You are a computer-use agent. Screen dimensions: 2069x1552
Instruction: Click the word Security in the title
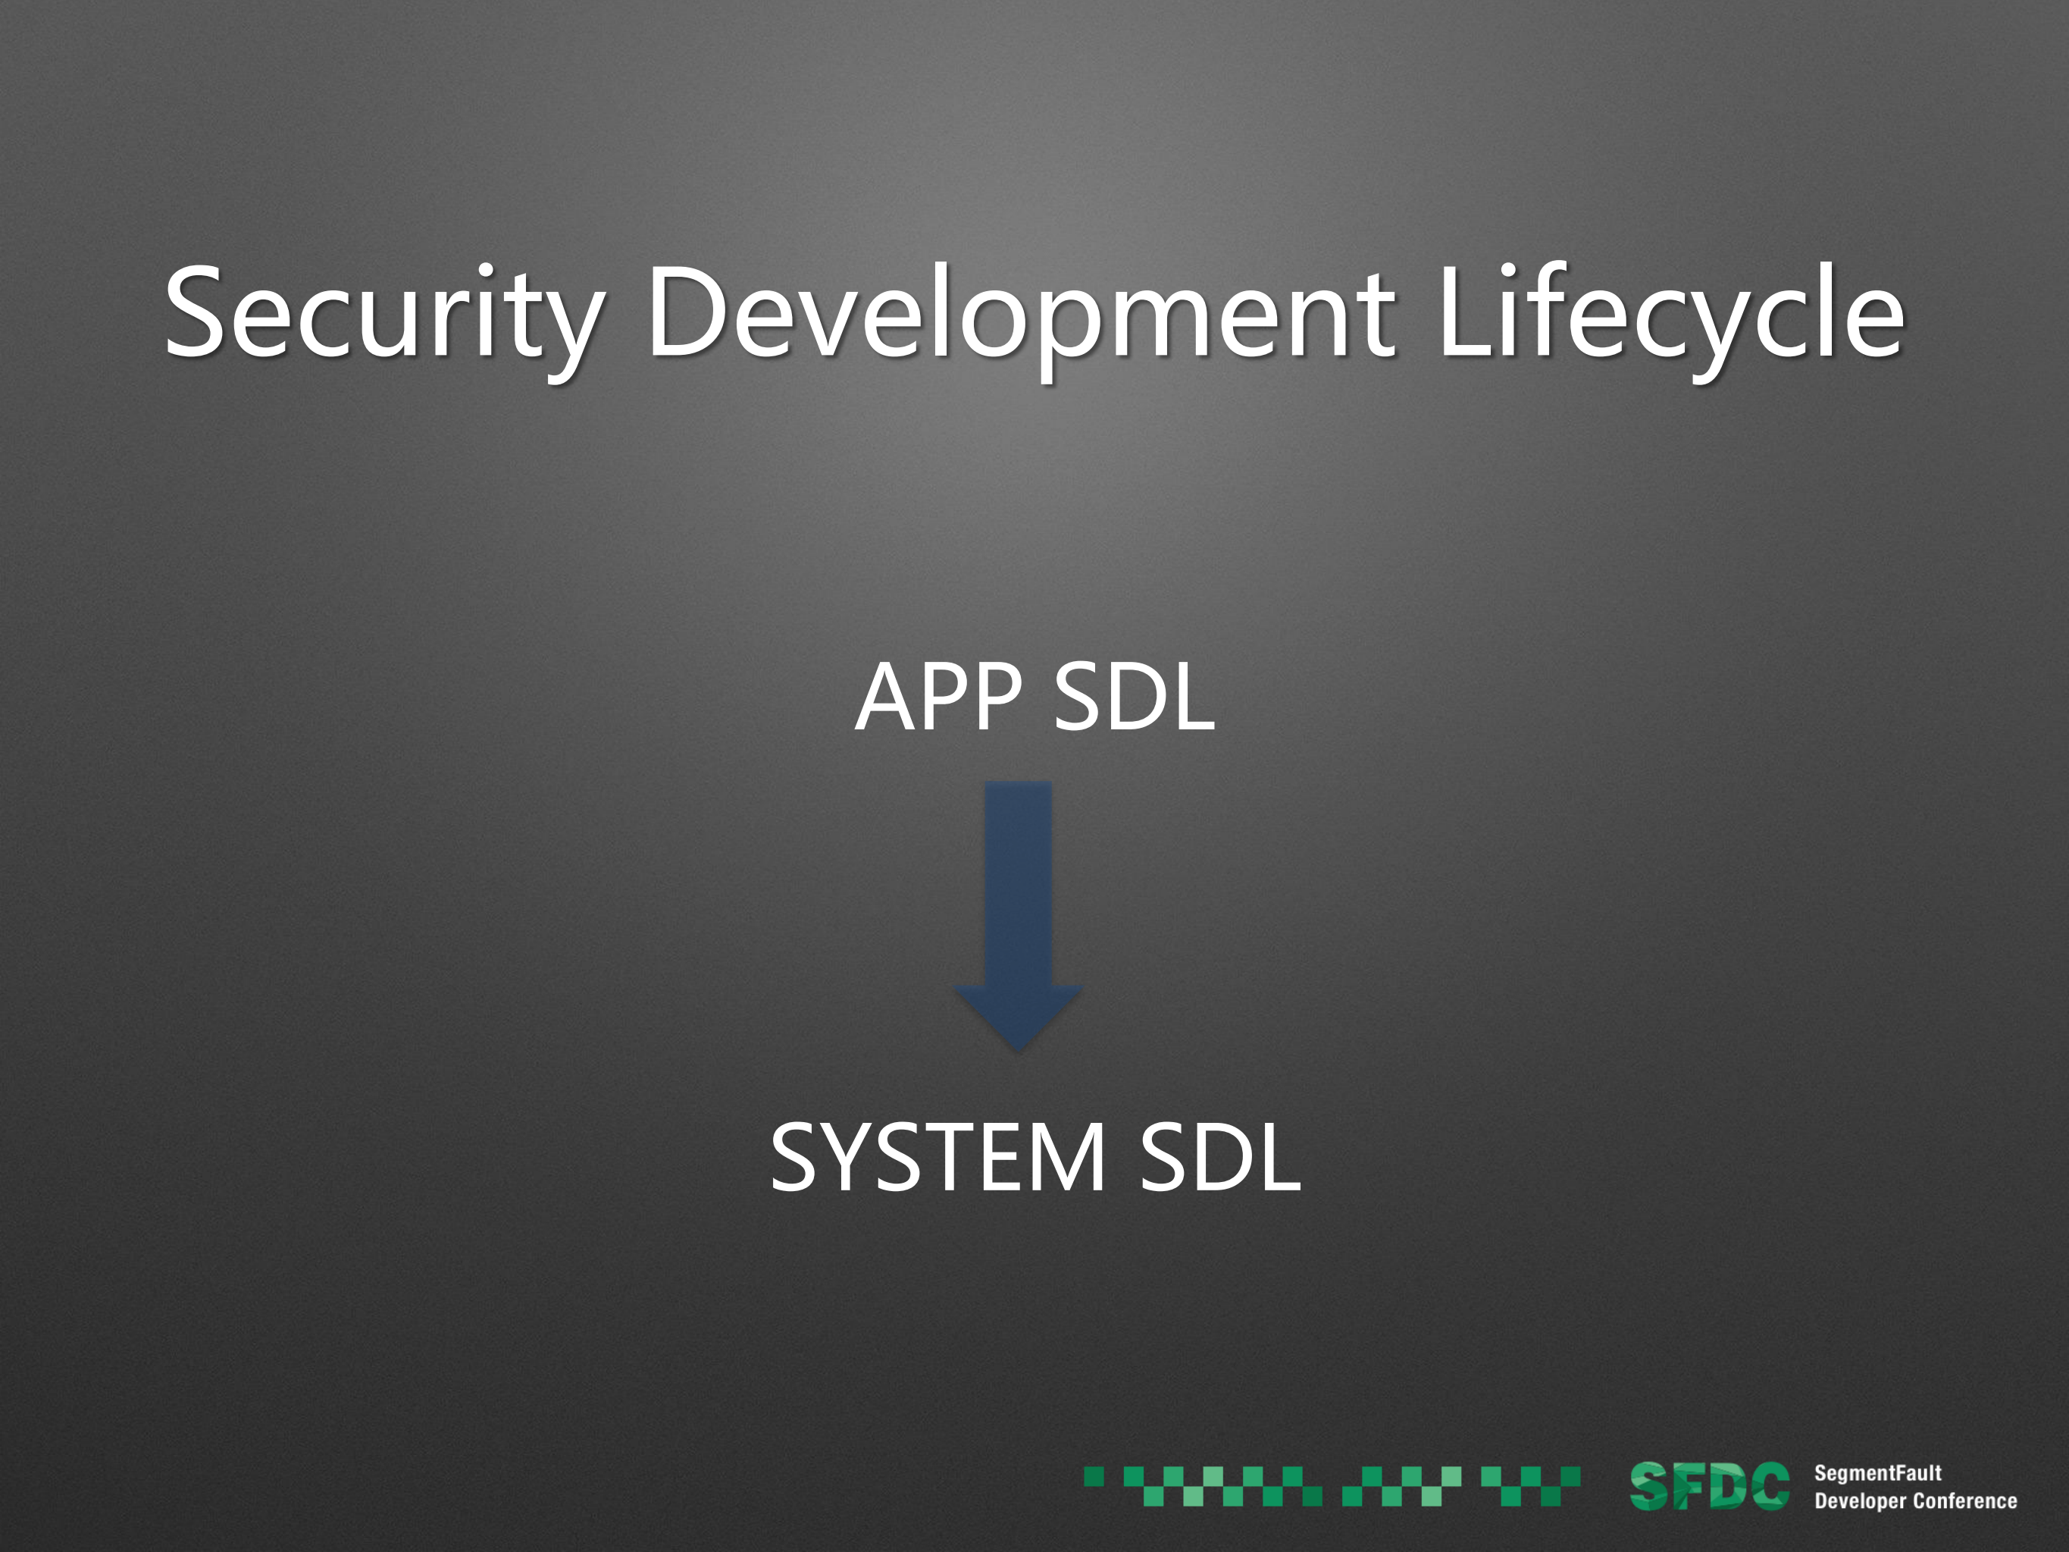[384, 319]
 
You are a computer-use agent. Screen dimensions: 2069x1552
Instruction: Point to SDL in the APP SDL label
[1134, 696]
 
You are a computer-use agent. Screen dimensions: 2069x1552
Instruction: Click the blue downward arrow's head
[1018, 1017]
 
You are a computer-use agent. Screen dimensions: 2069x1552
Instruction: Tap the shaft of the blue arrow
[1018, 884]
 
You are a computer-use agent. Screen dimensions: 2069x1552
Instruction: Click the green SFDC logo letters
[1709, 1487]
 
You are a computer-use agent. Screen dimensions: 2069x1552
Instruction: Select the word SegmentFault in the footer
[1877, 1473]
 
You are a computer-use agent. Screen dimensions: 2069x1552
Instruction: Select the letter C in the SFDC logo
[1770, 1487]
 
